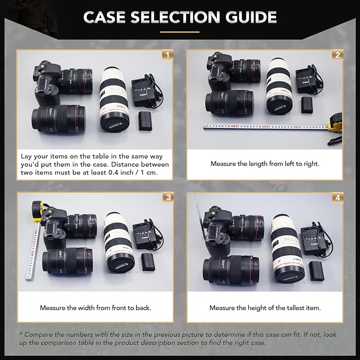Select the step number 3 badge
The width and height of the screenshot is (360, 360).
click(x=168, y=197)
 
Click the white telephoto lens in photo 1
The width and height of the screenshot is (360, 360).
click(x=113, y=98)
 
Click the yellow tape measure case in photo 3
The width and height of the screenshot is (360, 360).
click(x=37, y=209)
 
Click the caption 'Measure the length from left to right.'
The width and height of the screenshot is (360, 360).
click(x=265, y=164)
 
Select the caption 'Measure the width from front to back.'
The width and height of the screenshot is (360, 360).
click(x=95, y=308)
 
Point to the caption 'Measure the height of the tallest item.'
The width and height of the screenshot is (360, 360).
click(x=265, y=308)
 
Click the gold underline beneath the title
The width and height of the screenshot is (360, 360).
click(x=180, y=32)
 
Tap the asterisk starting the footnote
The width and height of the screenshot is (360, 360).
click(x=21, y=335)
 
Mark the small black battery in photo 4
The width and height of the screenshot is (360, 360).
click(x=317, y=270)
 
